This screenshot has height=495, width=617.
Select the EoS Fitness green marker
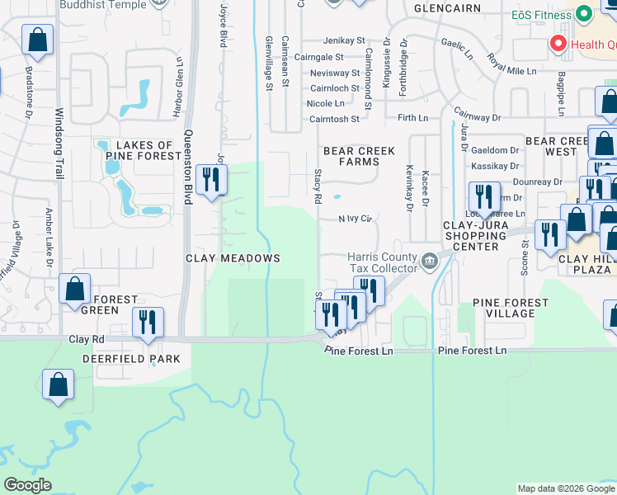584,15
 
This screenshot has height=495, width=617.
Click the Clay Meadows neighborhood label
232,258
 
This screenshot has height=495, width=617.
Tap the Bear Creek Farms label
359,157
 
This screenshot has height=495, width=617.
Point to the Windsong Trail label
59,157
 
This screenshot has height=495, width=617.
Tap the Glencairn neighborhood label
436,7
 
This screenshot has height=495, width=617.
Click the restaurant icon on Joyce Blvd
212,179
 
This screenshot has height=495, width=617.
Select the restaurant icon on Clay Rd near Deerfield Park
148,322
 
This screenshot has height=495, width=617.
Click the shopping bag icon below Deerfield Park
58,384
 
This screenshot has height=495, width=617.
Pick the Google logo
27,485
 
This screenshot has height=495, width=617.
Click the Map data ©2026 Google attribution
566,489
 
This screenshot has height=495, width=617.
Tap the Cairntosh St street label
334,119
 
